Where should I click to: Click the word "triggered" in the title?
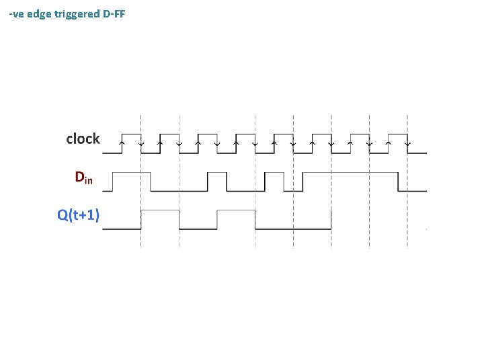(x=76, y=13)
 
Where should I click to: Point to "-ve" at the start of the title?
(x=16, y=13)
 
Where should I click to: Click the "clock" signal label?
(x=83, y=139)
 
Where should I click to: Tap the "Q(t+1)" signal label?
(x=79, y=214)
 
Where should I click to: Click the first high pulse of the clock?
(x=130, y=134)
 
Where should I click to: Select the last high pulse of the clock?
(x=399, y=134)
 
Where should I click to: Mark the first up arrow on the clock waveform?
(x=122, y=143)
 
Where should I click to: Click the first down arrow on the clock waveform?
(x=140, y=143)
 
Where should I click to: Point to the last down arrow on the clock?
(x=408, y=143)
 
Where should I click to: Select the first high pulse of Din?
(x=131, y=173)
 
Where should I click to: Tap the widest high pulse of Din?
(x=350, y=173)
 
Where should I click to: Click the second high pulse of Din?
(x=217, y=173)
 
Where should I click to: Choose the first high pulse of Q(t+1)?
(x=159, y=211)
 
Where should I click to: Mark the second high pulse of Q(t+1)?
(x=236, y=211)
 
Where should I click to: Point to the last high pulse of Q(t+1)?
(x=312, y=211)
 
